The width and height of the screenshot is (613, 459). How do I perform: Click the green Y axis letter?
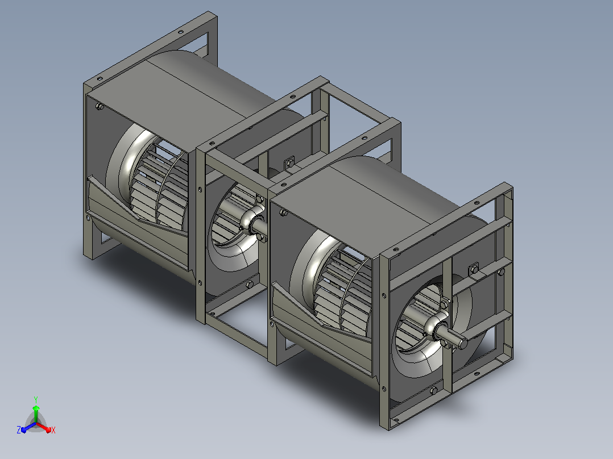[x=36, y=399]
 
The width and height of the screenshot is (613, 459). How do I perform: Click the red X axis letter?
[x=53, y=430]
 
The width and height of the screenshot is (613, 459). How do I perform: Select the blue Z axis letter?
[x=19, y=430]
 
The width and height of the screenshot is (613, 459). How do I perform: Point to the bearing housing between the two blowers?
[x=252, y=222]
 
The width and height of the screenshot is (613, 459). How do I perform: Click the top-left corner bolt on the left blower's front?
[x=100, y=106]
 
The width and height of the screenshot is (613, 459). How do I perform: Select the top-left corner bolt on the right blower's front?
[x=284, y=212]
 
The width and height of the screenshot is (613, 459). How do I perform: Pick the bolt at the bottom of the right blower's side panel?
[x=433, y=391]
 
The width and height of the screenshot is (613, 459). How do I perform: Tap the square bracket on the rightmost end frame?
[x=474, y=269]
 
